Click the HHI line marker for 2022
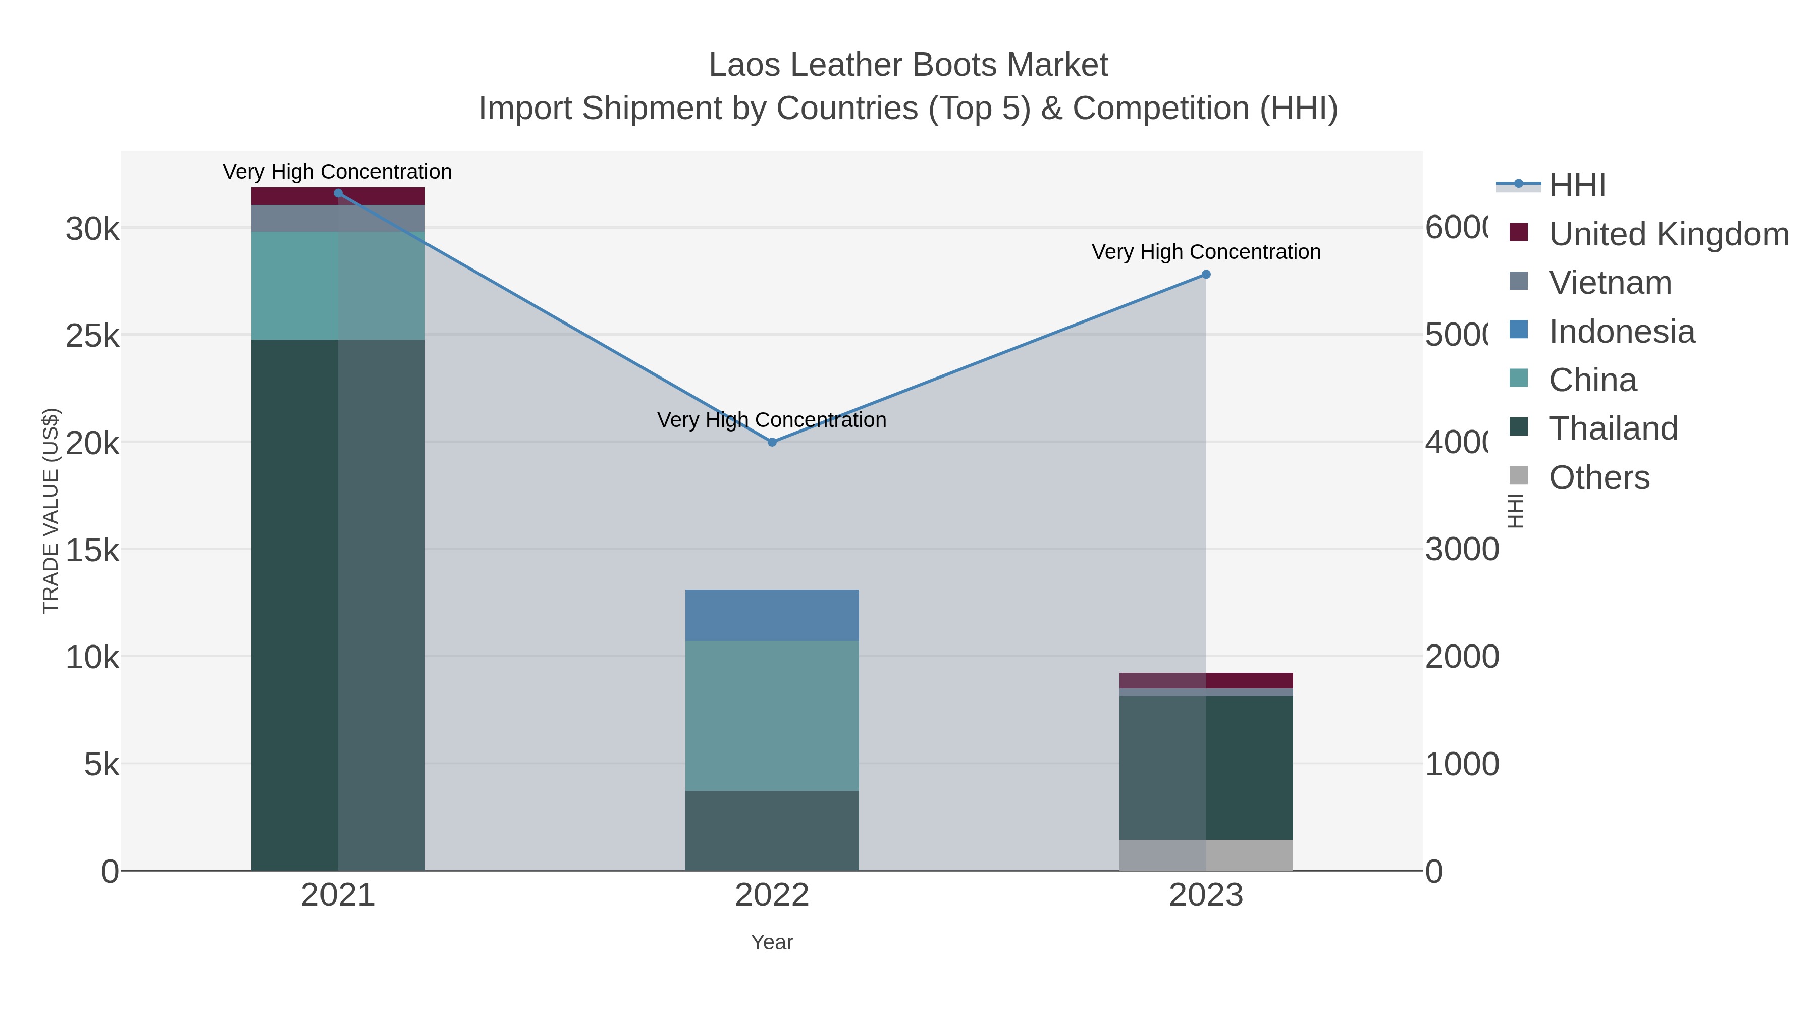(772, 442)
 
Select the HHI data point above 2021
(338, 193)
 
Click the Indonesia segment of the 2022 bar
(772, 615)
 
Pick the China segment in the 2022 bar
(772, 715)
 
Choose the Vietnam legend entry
(1609, 283)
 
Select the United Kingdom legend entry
(1668, 234)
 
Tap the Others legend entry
(1598, 477)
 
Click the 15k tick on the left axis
(92, 550)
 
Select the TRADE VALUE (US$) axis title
(51, 511)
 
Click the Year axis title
(772, 942)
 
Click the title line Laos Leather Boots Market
(908, 65)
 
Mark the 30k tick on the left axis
(92, 229)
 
